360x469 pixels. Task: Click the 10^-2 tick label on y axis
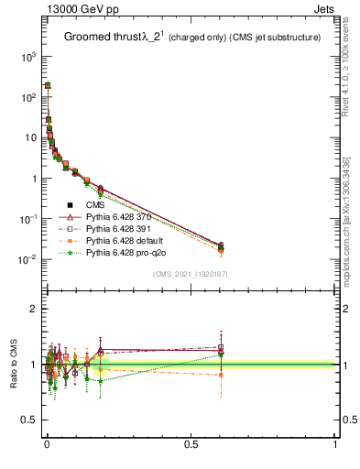26,259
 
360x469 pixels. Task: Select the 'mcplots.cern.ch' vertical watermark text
349,211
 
